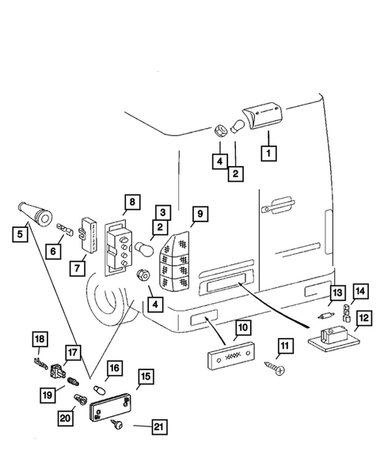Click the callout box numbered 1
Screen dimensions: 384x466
click(x=268, y=153)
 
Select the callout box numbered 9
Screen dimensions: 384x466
click(x=200, y=214)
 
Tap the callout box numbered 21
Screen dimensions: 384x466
click(x=159, y=426)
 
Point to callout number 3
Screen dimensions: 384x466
click(x=162, y=213)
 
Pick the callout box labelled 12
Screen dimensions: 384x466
click(x=363, y=318)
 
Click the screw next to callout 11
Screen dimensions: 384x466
click(x=274, y=368)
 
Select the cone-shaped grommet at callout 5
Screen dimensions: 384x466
click(x=35, y=214)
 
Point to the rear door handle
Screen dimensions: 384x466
click(x=279, y=205)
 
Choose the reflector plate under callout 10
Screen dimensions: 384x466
click(x=231, y=355)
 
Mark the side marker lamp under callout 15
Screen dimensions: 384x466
click(x=110, y=407)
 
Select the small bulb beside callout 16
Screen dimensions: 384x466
click(x=98, y=388)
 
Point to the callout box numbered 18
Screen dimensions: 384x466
click(x=40, y=339)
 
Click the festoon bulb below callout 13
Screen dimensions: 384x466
click(x=326, y=316)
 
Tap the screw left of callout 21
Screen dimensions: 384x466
click(x=116, y=424)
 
